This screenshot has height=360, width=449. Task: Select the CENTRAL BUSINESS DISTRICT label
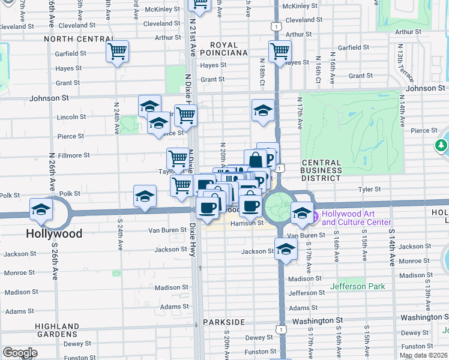(322, 167)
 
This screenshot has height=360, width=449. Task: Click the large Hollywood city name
(54, 233)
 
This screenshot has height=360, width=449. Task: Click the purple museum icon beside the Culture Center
(315, 214)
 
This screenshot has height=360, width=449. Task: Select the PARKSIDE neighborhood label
(224, 322)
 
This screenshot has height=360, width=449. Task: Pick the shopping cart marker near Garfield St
(118, 51)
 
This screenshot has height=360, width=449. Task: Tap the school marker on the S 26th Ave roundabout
(41, 209)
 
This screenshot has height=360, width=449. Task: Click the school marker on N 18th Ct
(262, 110)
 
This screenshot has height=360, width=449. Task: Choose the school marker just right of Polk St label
(145, 196)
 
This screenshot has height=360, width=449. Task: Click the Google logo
(20, 353)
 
